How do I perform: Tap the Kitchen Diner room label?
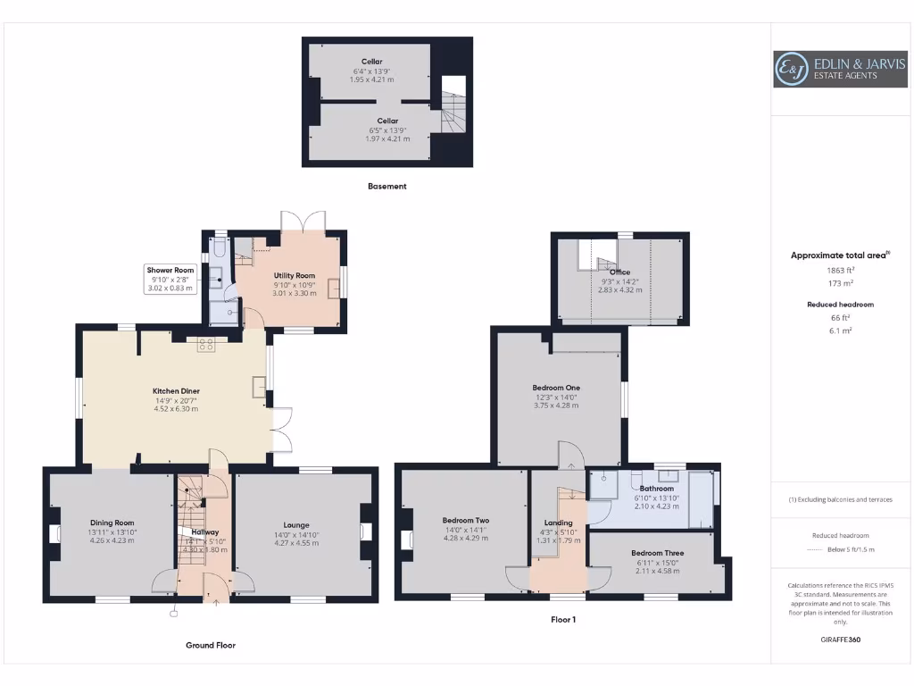pos(176,391)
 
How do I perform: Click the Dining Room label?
pos(112,523)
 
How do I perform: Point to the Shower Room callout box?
pos(170,279)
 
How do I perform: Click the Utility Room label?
pos(295,276)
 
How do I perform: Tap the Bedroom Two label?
pos(466,520)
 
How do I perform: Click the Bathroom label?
pos(656,489)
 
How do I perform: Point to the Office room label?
pos(620,272)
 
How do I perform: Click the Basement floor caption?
pos(386,187)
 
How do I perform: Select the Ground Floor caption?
pos(211,645)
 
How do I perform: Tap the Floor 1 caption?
pos(562,619)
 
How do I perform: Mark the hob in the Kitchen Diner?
pos(206,344)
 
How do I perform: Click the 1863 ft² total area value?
pos(840,270)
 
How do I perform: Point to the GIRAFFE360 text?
pos(840,640)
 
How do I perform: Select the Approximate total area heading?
pos(839,255)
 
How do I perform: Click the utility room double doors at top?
pos(303,221)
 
